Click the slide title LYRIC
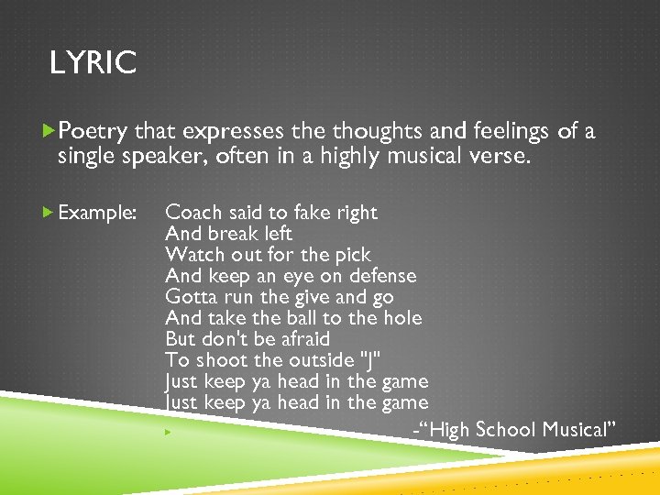(93, 63)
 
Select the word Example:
(97, 213)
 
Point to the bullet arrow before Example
(49, 213)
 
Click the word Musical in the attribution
(578, 430)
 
